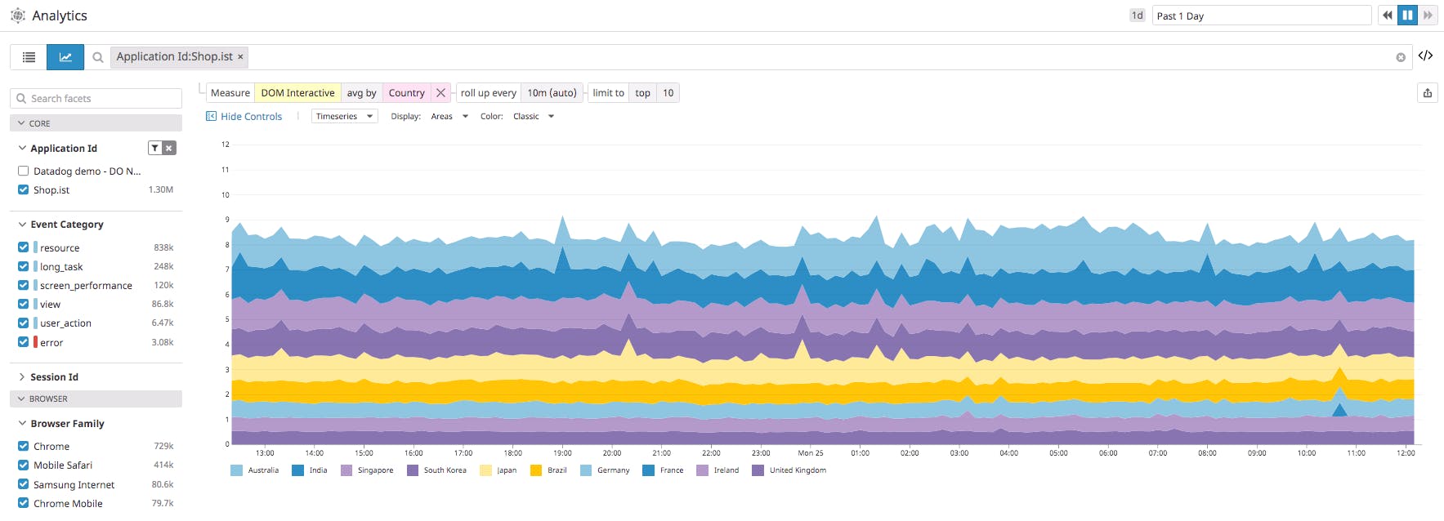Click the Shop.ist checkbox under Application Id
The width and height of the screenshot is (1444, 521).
(23, 189)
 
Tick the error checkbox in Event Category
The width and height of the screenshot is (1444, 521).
(23, 342)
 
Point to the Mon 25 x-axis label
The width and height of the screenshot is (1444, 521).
(810, 453)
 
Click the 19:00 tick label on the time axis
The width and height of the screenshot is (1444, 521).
(562, 453)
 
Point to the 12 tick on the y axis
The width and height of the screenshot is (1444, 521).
(226, 145)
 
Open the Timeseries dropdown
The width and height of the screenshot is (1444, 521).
(344, 117)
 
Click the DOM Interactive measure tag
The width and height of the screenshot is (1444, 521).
(297, 93)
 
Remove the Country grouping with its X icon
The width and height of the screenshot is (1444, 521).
(440, 93)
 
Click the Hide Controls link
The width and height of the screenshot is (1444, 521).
(250, 117)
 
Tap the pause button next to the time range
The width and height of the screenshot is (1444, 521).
(1407, 16)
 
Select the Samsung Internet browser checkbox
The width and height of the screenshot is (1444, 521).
(23, 484)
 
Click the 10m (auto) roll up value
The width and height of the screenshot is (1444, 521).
(552, 93)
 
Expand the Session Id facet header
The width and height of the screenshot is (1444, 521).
(54, 377)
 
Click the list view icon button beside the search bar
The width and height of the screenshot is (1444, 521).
(29, 57)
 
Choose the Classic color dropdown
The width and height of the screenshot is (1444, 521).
(533, 117)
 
